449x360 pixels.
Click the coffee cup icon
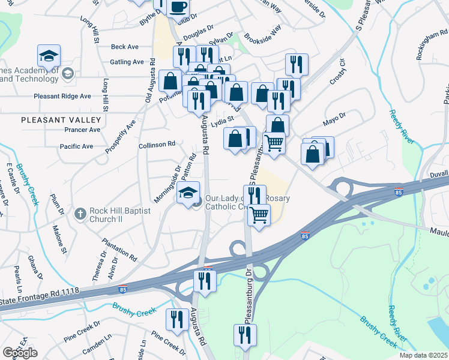[x=178, y=7]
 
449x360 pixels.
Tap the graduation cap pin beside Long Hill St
[x=49, y=56]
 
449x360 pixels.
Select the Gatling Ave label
[x=127, y=62]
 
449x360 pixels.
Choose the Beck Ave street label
[x=125, y=47]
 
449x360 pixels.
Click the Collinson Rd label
[x=156, y=144]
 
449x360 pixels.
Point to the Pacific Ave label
[x=76, y=146]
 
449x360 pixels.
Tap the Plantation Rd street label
[x=123, y=248]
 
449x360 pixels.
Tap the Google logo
[x=20, y=353]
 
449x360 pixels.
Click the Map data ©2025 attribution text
[x=424, y=355]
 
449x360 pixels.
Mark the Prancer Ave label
[x=82, y=130]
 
